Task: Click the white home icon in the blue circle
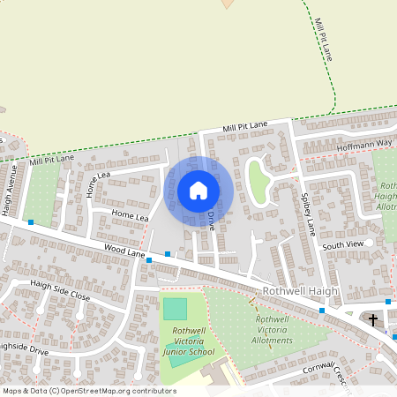coord(198,191)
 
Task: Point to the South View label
coord(342,245)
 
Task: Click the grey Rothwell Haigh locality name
coord(297,291)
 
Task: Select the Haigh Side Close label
coord(60,290)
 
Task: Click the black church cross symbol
coord(373,319)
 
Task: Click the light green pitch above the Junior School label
coord(175,309)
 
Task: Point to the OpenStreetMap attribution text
coord(88,391)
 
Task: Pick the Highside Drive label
coord(35,351)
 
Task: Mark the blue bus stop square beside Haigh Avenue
coord(31,222)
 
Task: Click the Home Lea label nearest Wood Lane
coord(129,214)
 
